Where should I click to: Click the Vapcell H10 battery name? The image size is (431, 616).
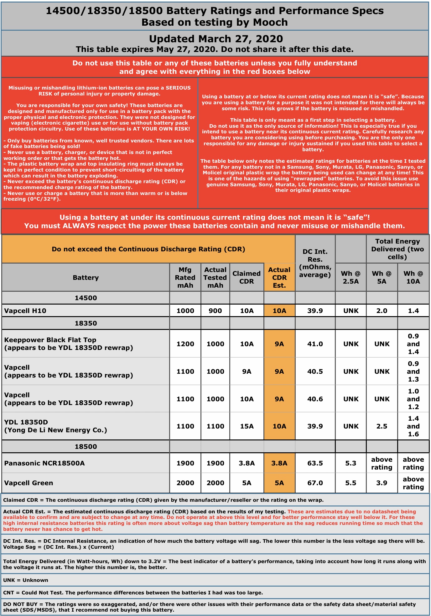click(25, 311)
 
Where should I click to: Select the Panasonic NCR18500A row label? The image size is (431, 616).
click(44, 463)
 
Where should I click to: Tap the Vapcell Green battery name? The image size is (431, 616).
click(29, 483)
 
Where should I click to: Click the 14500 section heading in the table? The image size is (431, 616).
click(86, 298)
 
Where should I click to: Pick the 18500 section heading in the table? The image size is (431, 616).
click(86, 447)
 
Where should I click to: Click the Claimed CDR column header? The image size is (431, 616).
click(247, 277)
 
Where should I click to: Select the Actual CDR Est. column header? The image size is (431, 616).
click(279, 277)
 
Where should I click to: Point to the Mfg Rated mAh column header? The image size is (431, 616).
click(185, 277)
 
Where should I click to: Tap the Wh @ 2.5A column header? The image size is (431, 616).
click(351, 277)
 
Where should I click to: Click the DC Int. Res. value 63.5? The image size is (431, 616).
click(315, 463)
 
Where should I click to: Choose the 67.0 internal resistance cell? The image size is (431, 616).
click(315, 483)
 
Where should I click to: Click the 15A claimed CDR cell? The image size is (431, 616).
click(247, 426)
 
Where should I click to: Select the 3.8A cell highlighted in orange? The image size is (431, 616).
click(279, 463)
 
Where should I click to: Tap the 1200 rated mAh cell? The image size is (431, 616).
click(185, 344)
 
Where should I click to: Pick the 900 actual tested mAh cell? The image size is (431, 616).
click(215, 311)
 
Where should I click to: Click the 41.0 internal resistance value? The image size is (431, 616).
click(315, 344)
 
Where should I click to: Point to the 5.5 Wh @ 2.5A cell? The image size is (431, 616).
click(351, 483)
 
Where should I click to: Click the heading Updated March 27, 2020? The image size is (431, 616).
click(216, 39)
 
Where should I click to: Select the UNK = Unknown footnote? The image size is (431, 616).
click(26, 580)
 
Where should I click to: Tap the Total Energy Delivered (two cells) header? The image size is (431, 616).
click(397, 249)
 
